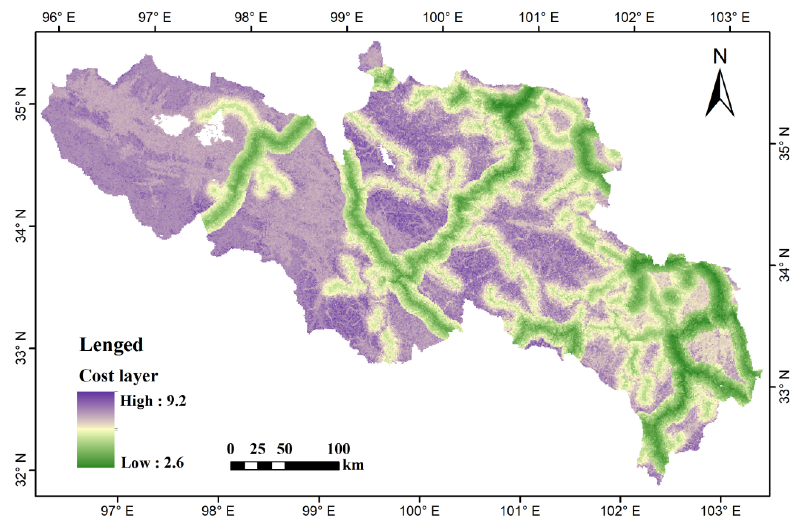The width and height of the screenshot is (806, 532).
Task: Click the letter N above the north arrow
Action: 720,56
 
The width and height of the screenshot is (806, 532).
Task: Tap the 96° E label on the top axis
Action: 59,17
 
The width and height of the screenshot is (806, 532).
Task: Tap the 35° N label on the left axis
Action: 20,105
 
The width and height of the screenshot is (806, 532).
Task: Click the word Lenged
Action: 111,345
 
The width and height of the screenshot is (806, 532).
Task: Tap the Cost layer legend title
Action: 118,376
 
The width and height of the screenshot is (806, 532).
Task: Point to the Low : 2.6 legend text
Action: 152,463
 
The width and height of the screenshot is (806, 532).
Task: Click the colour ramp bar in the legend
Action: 95,430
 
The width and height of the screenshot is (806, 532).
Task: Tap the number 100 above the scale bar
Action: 338,449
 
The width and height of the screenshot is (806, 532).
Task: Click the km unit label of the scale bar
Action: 353,465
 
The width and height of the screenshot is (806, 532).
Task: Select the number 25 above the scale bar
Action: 257,449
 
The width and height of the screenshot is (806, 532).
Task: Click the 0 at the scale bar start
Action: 231,449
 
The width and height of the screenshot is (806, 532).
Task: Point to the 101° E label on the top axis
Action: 539,17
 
